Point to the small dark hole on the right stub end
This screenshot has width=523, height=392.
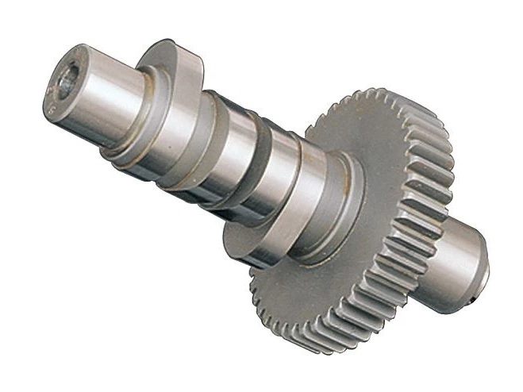(474, 299)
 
